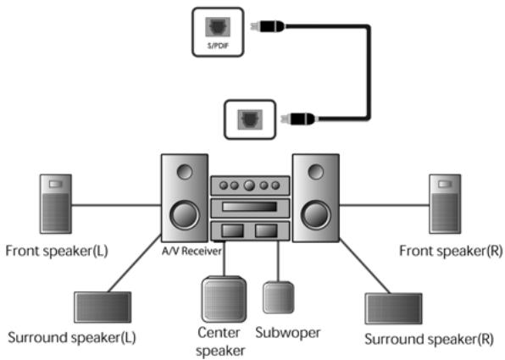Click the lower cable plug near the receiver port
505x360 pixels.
[301, 119]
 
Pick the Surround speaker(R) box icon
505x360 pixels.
[392, 309]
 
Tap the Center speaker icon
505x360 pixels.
[223, 297]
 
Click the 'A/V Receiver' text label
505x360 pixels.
[184, 251]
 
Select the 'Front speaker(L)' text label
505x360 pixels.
[56, 252]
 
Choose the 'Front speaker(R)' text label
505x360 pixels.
[445, 252]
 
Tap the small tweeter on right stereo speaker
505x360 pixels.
[316, 173]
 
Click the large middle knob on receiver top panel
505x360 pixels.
[249, 186]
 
